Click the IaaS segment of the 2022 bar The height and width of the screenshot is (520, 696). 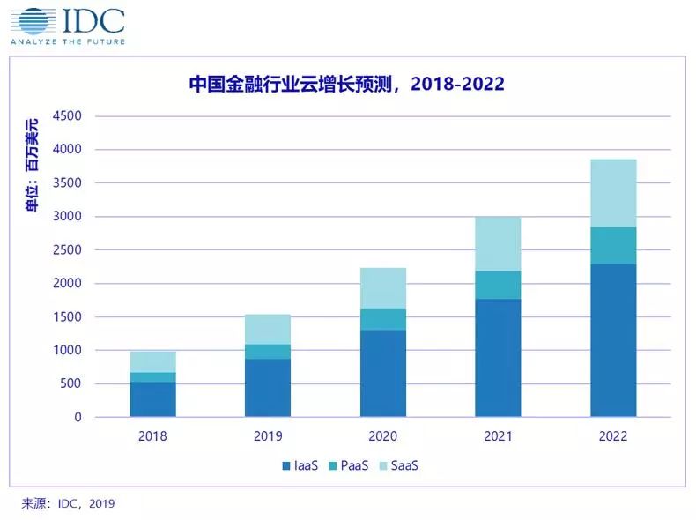pos(613,340)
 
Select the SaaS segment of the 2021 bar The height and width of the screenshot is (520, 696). pos(498,243)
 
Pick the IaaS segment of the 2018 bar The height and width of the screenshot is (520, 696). pos(152,399)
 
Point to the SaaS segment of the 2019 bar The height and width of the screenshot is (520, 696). pos(268,329)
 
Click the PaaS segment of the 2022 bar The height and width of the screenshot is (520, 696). pos(613,245)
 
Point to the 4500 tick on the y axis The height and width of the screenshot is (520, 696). pos(67,116)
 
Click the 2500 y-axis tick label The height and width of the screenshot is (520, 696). pos(67,250)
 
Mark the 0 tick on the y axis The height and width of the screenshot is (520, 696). pos(78,417)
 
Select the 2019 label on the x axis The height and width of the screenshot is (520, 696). pos(268,435)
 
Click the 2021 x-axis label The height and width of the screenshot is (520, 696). pos(498,435)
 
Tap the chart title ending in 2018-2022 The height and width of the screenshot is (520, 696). pos(347,85)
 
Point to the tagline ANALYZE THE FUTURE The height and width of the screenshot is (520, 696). pos(68,41)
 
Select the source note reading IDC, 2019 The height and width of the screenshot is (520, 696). pos(69,503)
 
